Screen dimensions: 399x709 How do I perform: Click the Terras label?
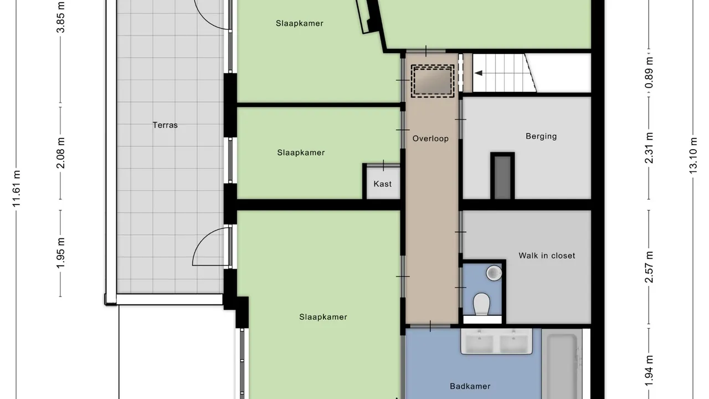click(165, 125)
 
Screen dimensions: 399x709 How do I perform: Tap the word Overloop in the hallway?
click(430, 139)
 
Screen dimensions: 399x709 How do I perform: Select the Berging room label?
click(541, 136)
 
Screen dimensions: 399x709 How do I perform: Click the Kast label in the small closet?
click(382, 183)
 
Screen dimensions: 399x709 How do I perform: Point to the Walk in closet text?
click(547, 255)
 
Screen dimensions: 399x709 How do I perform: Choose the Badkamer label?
click(470, 386)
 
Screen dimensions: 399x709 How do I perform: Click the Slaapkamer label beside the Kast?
click(301, 152)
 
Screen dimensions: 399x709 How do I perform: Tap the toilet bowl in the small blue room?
click(482, 304)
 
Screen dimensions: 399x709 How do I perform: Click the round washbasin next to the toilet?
click(494, 273)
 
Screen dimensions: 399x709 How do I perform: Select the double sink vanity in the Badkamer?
click(496, 341)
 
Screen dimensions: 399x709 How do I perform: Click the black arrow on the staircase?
click(479, 73)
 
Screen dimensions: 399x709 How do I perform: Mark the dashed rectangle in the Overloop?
click(432, 81)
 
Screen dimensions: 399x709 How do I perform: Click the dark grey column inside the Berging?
click(502, 176)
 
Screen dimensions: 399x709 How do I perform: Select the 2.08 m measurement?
click(61, 153)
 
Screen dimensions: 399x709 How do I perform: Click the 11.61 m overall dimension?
click(17, 189)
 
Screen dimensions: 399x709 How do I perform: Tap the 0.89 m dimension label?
click(649, 73)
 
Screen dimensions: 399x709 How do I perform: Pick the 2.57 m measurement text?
click(649, 267)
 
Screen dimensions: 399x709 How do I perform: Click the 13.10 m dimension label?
click(693, 156)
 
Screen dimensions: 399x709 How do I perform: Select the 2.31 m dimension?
click(649, 147)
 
